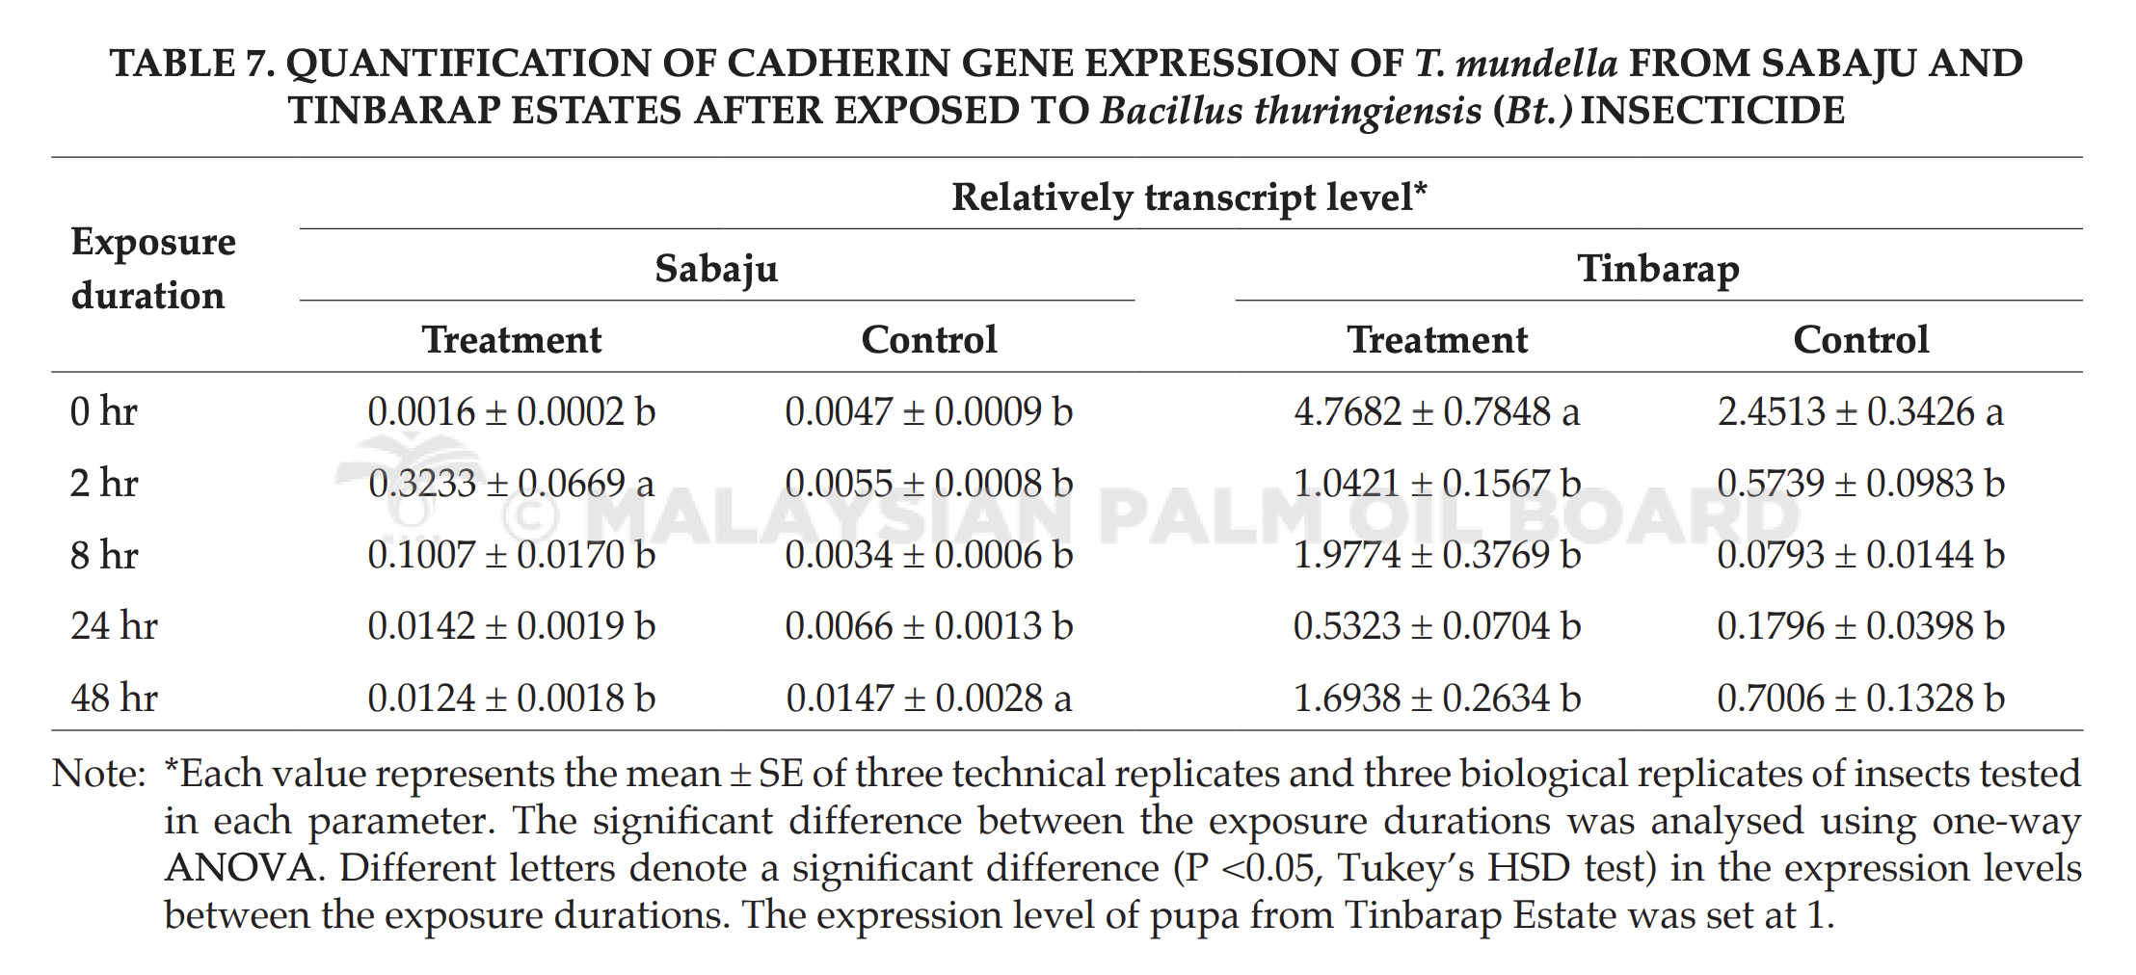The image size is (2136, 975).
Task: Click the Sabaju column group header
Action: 716,268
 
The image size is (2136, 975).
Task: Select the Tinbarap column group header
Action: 1658,268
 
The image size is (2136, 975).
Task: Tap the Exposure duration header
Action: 153,268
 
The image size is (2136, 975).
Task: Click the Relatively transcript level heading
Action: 1189,198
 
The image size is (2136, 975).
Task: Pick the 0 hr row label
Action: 104,411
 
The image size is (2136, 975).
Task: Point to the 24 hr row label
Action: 114,626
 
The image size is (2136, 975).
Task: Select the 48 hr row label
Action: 114,698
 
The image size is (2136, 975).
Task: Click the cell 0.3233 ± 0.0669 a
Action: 512,483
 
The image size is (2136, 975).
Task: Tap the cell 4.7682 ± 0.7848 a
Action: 1437,411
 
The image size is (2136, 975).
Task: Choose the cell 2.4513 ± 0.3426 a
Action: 1860,411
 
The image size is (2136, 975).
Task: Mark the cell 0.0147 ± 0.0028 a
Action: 929,698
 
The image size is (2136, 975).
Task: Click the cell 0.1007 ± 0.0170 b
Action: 512,555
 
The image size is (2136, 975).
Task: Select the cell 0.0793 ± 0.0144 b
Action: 1860,555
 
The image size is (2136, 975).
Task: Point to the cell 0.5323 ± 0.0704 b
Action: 1437,626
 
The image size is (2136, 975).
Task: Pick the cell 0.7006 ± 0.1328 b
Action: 1860,698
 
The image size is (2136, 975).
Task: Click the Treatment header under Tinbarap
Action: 1437,340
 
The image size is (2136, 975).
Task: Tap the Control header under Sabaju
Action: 929,340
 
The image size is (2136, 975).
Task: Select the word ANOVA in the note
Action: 241,868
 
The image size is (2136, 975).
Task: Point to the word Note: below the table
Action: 98,774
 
